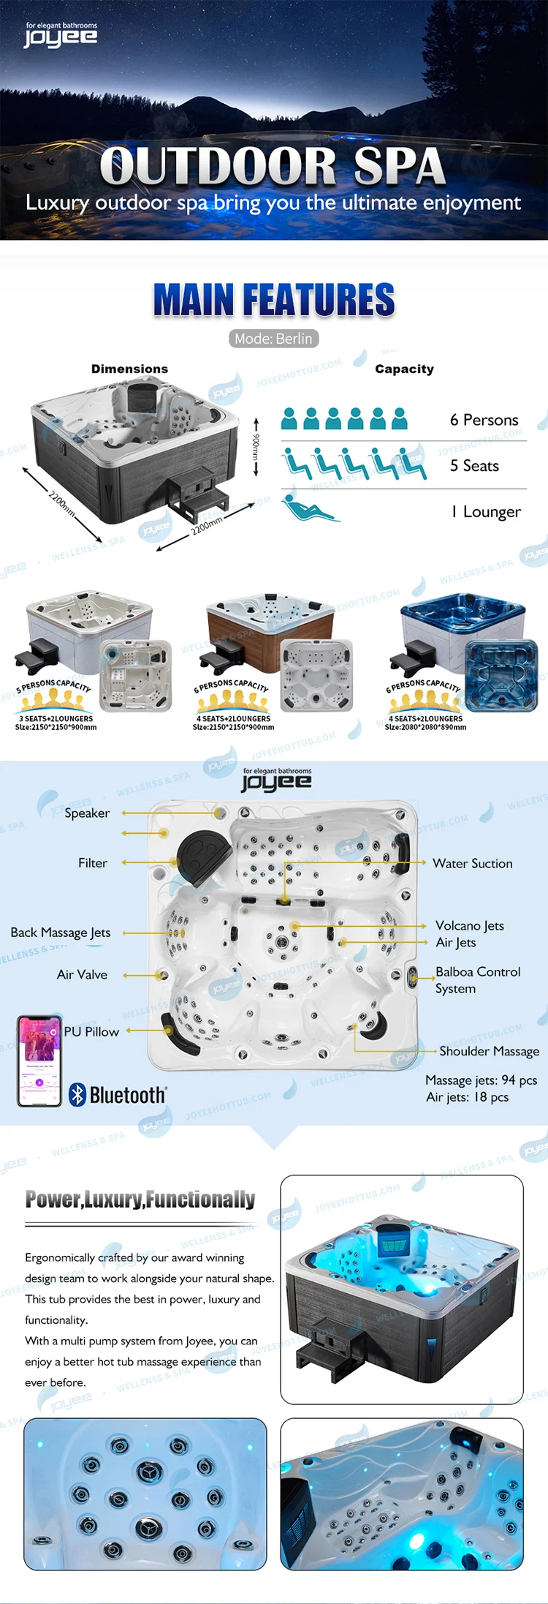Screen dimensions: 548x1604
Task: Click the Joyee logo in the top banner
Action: click(x=61, y=35)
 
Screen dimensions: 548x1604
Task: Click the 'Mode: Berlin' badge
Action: click(x=273, y=339)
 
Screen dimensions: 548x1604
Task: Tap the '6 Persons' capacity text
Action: click(x=484, y=420)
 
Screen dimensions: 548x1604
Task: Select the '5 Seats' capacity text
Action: click(x=474, y=466)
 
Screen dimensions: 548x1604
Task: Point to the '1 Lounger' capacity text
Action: click(x=486, y=512)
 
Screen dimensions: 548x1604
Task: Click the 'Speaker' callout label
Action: click(x=87, y=813)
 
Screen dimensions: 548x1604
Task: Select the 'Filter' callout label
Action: click(x=93, y=863)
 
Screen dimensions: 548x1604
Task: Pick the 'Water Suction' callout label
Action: click(x=472, y=863)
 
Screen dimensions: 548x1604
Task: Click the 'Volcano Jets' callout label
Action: click(x=469, y=925)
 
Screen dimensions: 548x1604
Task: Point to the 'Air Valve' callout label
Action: click(x=82, y=975)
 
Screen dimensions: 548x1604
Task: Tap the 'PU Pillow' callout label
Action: click(x=91, y=1031)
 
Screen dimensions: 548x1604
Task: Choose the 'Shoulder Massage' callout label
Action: click(x=489, y=1051)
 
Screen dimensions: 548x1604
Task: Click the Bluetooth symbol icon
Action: click(x=77, y=1094)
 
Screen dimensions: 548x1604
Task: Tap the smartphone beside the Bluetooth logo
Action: click(x=39, y=1061)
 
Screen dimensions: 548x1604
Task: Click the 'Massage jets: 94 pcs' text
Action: click(x=481, y=1080)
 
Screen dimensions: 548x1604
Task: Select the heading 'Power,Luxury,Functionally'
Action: click(x=140, y=1200)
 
